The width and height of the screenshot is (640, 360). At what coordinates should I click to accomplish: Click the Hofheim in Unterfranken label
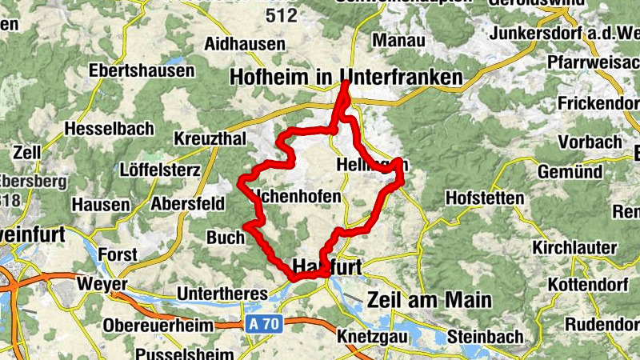(x=346, y=77)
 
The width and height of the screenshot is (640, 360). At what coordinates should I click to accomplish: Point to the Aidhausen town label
(x=246, y=43)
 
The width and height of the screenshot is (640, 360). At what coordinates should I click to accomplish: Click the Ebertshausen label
(x=142, y=70)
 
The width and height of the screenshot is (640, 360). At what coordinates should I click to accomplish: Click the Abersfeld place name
(x=187, y=203)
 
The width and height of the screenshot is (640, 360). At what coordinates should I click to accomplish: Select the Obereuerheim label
(x=158, y=326)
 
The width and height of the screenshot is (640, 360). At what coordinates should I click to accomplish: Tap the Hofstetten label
(x=484, y=197)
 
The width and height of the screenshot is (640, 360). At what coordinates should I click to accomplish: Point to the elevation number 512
(x=282, y=14)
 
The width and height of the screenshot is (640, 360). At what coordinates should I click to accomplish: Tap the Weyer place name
(x=102, y=284)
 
